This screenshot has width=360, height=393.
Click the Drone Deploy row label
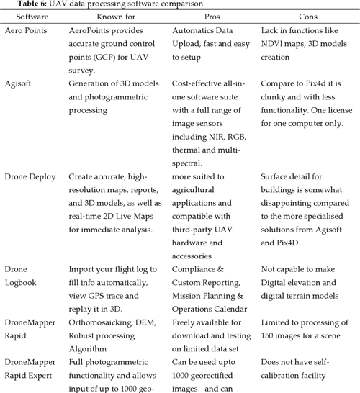(31, 176)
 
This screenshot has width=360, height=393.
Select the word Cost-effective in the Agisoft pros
(199, 84)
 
